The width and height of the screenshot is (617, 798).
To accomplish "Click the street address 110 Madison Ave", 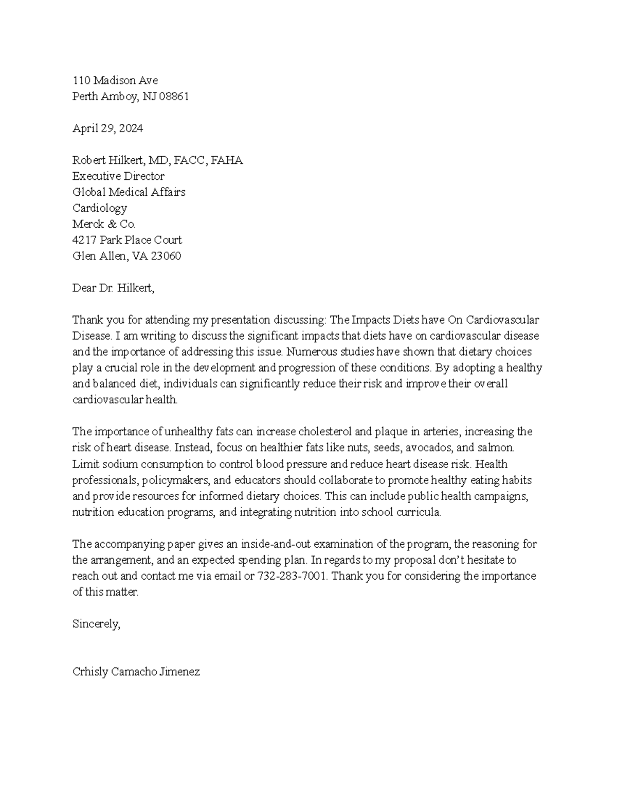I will (115, 80).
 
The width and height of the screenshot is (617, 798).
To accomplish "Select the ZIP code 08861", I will (174, 96).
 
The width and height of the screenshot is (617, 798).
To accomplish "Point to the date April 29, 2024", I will (107, 128).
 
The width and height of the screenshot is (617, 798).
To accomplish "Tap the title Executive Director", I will (118, 176).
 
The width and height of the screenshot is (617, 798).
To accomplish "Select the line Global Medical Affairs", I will (129, 192).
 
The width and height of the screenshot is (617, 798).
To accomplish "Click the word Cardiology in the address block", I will (99, 208).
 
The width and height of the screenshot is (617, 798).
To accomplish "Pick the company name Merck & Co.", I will (104, 224).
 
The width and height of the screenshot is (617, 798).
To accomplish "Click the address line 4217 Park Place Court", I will (127, 240).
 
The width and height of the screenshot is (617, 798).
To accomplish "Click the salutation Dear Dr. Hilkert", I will (113, 288).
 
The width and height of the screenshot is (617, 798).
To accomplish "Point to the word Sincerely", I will (96, 624).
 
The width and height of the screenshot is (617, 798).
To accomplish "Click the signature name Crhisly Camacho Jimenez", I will (136, 672).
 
